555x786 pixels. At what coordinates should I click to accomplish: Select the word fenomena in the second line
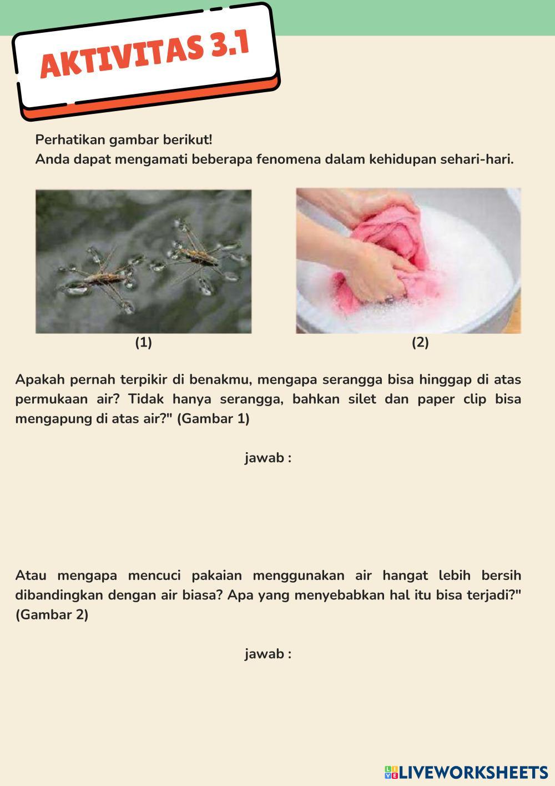click(285, 159)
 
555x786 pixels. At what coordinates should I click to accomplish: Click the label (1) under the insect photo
click(143, 342)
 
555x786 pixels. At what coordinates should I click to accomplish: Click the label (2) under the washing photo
click(420, 342)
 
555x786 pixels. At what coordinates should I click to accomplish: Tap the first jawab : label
click(268, 458)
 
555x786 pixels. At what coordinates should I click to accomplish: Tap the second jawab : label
click(268, 654)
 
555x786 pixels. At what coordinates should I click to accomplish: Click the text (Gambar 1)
click(213, 419)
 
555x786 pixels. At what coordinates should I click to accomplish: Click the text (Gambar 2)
click(52, 615)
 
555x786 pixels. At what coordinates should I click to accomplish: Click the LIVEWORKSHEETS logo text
click(473, 772)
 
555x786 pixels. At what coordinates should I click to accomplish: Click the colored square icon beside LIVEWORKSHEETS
click(391, 772)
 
